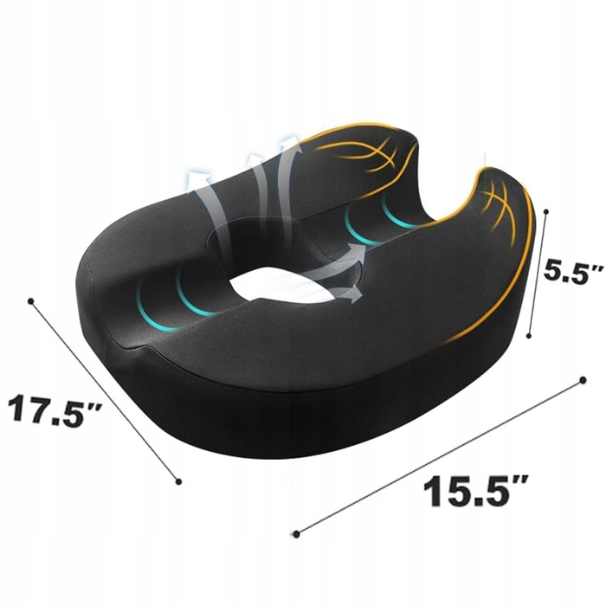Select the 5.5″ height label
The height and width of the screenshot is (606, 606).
[573, 273]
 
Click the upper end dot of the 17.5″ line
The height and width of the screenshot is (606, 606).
[31, 300]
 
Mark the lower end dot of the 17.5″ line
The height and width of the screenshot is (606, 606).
[178, 481]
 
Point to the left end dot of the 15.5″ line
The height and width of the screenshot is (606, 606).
[296, 534]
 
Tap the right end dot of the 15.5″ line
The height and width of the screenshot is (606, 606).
[583, 381]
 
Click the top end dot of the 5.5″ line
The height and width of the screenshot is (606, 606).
[546, 212]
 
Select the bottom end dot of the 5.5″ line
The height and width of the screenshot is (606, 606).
[529, 336]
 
